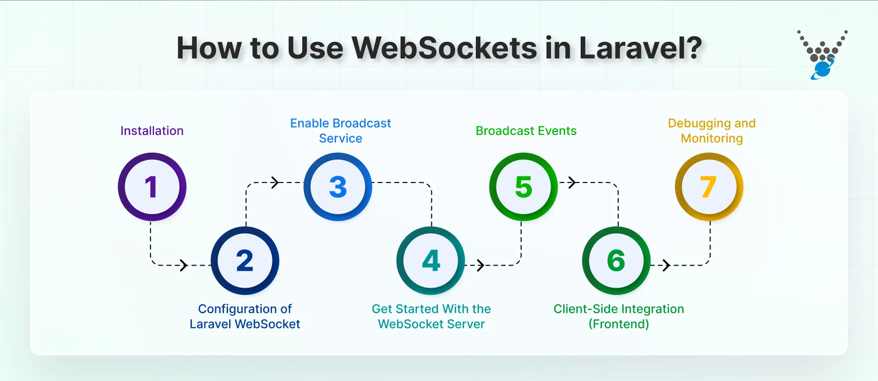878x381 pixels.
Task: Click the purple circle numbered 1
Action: [x=152, y=187]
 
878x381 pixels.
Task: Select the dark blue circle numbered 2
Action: [x=245, y=261]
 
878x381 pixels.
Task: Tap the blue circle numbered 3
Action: [x=338, y=187]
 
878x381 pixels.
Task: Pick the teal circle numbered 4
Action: [x=430, y=261]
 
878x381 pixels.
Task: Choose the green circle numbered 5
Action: [x=523, y=187]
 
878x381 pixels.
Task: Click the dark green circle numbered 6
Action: [x=616, y=261]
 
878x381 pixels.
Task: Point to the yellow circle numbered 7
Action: [x=709, y=187]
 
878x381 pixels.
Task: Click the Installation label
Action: [x=152, y=131]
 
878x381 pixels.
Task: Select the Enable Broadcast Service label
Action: [x=341, y=131]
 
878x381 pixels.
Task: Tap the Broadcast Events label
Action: [x=526, y=131]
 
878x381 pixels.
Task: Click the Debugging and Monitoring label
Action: [x=711, y=131]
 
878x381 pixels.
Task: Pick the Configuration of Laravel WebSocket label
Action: [x=245, y=316]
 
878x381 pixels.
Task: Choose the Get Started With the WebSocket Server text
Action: [x=431, y=316]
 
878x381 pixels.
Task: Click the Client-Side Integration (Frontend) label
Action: [x=619, y=316]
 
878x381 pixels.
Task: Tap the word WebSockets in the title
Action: [x=445, y=48]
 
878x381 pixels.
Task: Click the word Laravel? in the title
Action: [x=640, y=48]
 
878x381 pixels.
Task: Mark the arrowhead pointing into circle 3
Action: [x=276, y=182]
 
